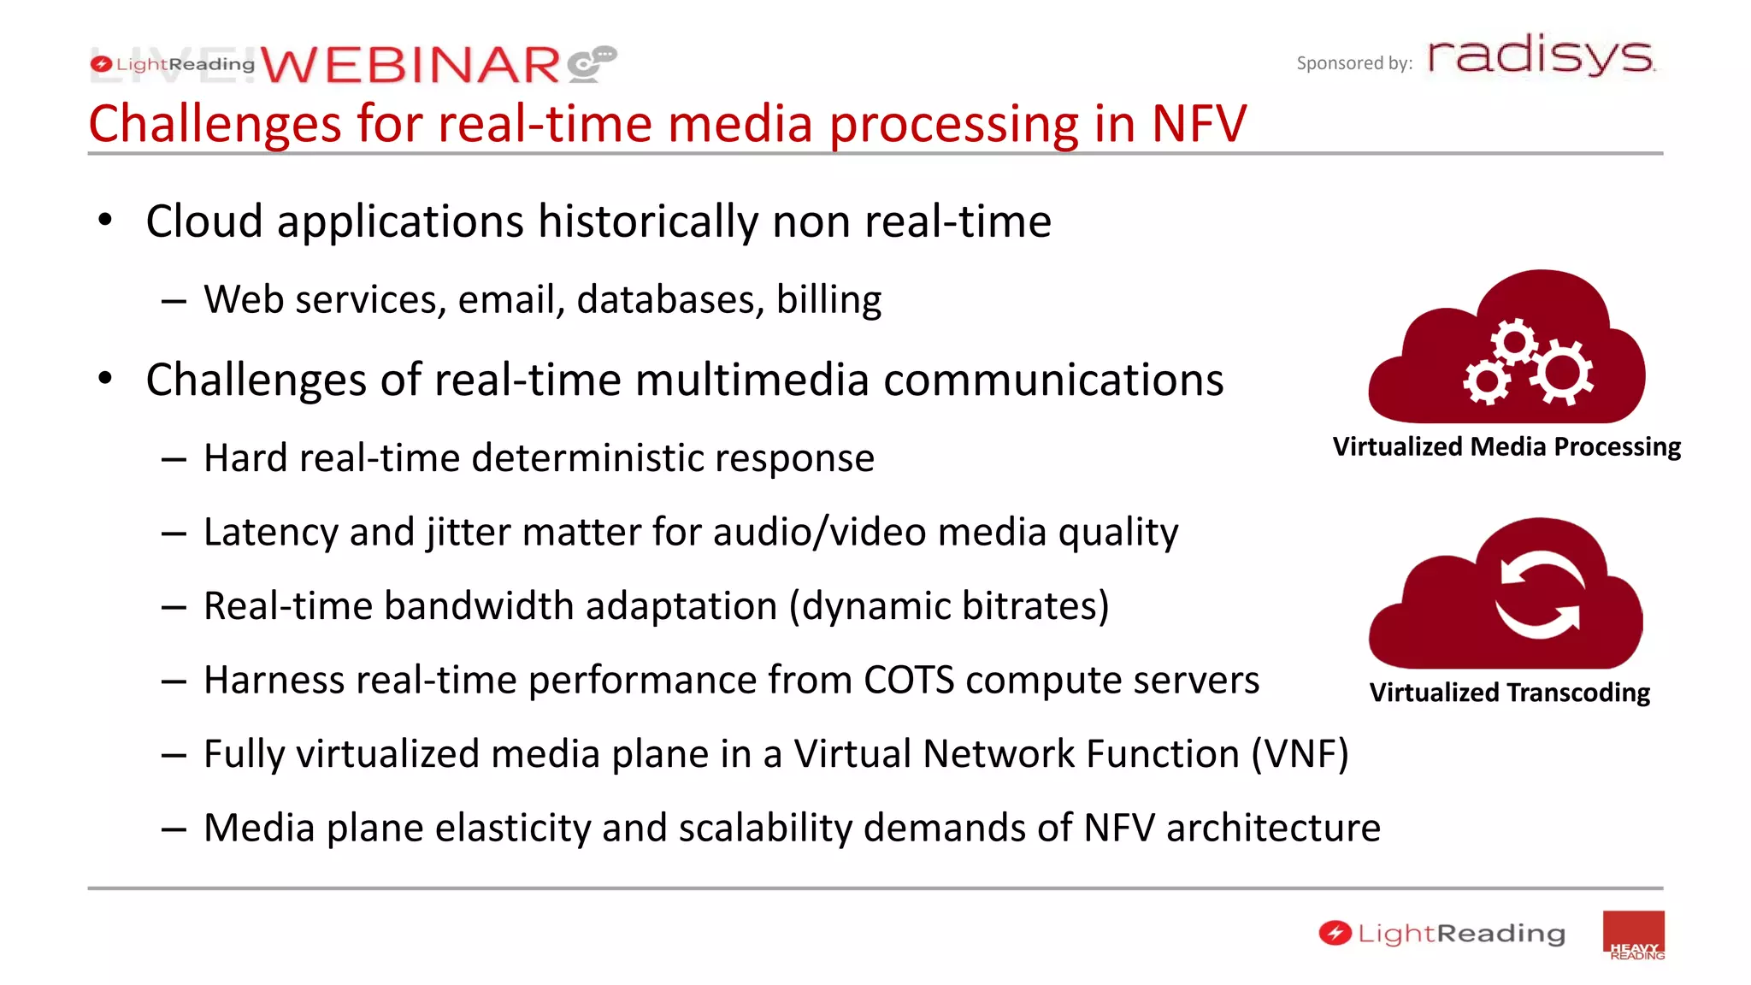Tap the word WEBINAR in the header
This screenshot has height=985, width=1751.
(410, 66)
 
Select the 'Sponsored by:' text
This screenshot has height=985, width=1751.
(1353, 63)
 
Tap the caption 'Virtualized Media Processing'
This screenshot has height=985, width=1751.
(1506, 446)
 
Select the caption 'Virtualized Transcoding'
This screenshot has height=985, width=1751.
(1509, 692)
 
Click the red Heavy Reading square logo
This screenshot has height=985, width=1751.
(1633, 935)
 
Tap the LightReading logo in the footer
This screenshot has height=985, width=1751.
(1442, 933)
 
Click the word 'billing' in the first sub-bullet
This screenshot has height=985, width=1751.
(828, 299)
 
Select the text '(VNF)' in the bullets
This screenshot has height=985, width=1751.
(1300, 754)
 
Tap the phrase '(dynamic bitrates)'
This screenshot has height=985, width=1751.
(949, 606)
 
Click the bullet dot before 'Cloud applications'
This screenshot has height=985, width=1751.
(105, 221)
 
